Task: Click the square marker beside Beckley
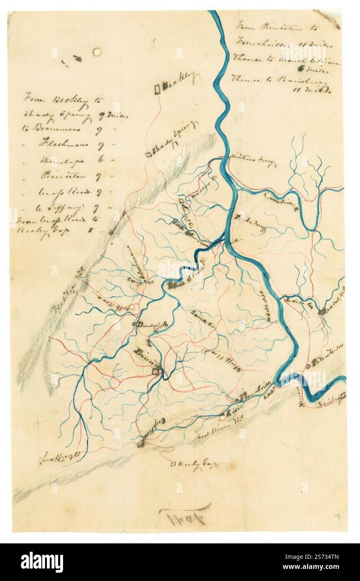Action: pyautogui.click(x=158, y=89)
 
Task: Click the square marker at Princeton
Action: pyautogui.click(x=155, y=371)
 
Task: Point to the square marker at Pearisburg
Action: pyautogui.click(x=343, y=395)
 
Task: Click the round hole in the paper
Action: pyautogui.click(x=97, y=52)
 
